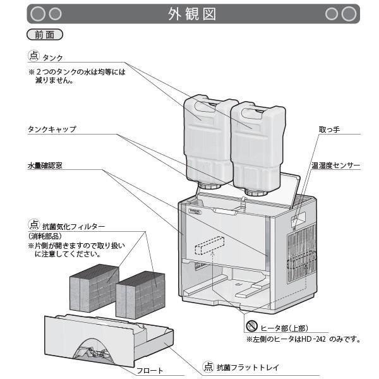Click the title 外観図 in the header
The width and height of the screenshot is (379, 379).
[193, 13]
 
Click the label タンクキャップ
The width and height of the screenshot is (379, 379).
[52, 129]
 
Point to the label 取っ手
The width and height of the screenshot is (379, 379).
[329, 129]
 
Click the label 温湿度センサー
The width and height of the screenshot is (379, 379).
[335, 165]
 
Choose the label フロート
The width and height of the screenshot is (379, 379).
[150, 371]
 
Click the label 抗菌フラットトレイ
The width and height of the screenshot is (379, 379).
[248, 366]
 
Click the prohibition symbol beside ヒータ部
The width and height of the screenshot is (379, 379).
[251, 327]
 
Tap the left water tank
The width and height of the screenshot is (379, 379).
[202, 136]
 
